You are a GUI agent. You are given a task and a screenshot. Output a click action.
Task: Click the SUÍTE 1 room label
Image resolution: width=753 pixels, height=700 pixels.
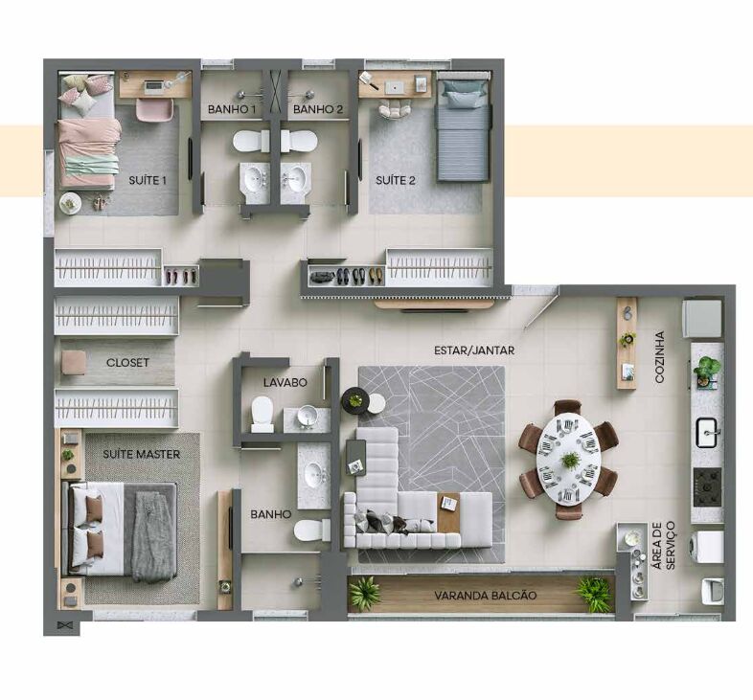pyautogui.click(x=148, y=181)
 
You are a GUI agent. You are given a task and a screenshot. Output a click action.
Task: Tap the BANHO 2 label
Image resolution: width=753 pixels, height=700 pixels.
pyautogui.click(x=318, y=109)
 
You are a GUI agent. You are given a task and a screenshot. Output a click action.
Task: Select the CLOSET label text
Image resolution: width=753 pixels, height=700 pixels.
pyautogui.click(x=127, y=363)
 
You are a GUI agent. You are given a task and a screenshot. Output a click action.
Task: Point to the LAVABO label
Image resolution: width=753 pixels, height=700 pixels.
pyautogui.click(x=285, y=382)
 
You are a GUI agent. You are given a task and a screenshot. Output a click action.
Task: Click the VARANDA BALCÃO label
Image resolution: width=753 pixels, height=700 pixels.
pyautogui.click(x=486, y=596)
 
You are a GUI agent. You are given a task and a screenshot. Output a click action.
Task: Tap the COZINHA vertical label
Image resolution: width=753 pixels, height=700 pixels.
pyautogui.click(x=660, y=357)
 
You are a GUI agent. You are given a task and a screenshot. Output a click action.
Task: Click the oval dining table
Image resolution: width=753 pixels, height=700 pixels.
pyautogui.click(x=569, y=459)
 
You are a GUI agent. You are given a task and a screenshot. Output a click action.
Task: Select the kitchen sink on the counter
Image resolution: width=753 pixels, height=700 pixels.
pyautogui.click(x=708, y=433)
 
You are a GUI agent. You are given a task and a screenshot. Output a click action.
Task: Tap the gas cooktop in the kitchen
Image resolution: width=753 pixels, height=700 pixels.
pyautogui.click(x=707, y=486)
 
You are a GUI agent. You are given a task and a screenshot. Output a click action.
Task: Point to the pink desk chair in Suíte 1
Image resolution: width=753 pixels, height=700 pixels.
pyautogui.click(x=154, y=110)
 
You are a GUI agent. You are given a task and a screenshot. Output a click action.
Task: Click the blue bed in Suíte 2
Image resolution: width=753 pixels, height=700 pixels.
pyautogui.click(x=463, y=126)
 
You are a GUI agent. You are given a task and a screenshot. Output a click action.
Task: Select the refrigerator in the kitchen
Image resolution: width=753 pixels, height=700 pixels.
pyautogui.click(x=702, y=318)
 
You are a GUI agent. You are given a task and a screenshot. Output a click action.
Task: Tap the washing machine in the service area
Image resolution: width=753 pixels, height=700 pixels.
pyautogui.click(x=707, y=547)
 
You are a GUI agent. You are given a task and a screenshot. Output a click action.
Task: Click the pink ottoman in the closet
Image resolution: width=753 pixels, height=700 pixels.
pyautogui.click(x=74, y=362)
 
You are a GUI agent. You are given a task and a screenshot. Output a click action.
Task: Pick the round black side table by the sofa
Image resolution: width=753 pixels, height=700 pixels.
pyautogui.click(x=355, y=400)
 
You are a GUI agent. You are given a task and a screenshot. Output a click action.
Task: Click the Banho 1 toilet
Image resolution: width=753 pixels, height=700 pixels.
pyautogui.click(x=251, y=141)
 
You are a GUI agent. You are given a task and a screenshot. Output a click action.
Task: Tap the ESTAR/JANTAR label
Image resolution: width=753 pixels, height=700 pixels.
pyautogui.click(x=474, y=350)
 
